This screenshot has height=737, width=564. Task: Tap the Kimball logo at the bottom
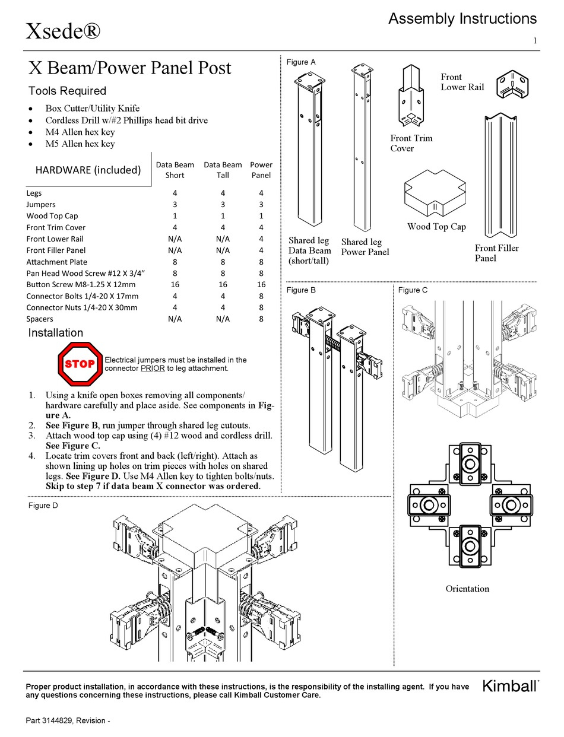click(x=510, y=687)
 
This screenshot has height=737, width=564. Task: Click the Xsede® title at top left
click(x=63, y=30)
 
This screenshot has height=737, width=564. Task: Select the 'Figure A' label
click(x=301, y=62)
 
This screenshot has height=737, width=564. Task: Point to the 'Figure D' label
click(x=43, y=506)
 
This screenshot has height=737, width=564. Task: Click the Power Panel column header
click(x=261, y=170)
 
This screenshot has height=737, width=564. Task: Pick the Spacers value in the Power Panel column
click(x=261, y=319)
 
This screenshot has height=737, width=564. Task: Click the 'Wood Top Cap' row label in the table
click(x=52, y=216)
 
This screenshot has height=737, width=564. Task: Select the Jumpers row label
click(x=41, y=205)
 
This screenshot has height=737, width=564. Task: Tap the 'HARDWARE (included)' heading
click(x=88, y=170)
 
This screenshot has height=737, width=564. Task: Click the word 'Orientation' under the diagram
click(x=467, y=589)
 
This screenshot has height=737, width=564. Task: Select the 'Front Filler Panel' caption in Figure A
click(x=496, y=253)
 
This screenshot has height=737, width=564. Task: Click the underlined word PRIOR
click(x=152, y=368)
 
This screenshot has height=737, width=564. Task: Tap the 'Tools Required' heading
click(x=67, y=91)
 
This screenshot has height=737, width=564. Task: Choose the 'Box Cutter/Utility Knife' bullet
click(x=92, y=108)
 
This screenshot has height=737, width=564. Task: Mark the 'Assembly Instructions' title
click(x=462, y=19)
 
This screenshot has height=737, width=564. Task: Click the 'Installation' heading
click(x=55, y=333)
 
